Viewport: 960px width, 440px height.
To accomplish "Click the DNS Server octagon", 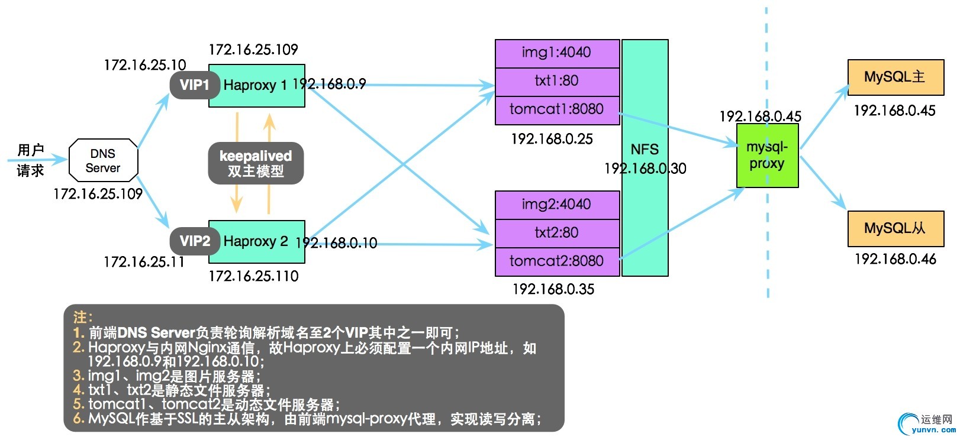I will click(103, 160).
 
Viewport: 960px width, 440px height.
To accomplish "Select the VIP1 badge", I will click(195, 85).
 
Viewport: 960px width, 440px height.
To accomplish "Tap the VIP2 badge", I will click(195, 241).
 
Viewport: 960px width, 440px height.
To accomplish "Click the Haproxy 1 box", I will click(256, 86).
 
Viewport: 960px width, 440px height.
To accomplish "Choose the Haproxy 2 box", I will click(256, 241).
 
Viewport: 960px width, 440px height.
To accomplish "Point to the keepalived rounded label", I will click(256, 163).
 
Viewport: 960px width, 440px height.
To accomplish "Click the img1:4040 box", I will click(556, 53).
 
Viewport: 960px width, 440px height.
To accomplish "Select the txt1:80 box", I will click(556, 81).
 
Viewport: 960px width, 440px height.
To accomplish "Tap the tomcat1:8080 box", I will click(556, 109).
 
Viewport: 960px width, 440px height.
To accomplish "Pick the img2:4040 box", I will click(556, 205).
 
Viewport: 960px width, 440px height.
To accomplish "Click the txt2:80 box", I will click(556, 232).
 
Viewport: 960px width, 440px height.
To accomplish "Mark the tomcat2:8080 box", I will click(556, 261).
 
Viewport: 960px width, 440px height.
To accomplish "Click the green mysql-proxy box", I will click(767, 156).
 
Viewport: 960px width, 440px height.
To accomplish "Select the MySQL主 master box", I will click(895, 77).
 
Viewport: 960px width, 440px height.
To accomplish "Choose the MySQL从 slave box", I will click(895, 228).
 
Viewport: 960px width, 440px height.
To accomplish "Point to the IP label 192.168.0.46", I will click(895, 259).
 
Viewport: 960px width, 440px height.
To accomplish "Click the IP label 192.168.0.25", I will click(552, 139).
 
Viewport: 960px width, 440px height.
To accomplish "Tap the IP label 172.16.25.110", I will click(253, 276).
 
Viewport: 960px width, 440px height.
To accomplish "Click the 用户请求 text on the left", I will click(31, 160).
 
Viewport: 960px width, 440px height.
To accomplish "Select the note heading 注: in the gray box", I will click(83, 318).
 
